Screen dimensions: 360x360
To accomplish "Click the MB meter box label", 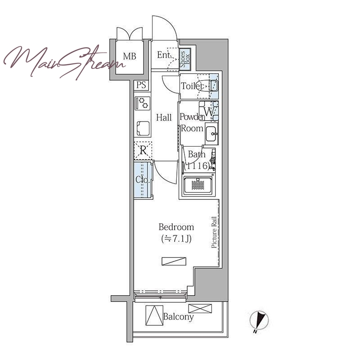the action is pos(130,56).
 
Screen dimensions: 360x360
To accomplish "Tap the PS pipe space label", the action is pos(141,85).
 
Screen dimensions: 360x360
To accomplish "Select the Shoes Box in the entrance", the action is pos(185,59).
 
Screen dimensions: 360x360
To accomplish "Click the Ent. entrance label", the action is pos(164,55).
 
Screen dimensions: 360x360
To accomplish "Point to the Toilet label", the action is pos(192,86).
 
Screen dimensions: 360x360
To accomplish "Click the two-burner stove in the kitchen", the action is pos(143,103).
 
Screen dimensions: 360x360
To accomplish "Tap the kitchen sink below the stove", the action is pos(143,128).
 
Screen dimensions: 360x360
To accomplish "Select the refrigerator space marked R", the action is pos(143,151).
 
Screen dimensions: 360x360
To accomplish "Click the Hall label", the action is pos(164,117).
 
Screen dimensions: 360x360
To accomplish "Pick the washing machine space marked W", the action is pos(209,111).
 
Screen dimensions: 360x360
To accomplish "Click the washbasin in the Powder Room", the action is pos(211,134).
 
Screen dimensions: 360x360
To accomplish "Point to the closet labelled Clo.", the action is pos(143,180).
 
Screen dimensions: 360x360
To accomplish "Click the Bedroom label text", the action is pos(176,227).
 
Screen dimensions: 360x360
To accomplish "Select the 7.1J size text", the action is pos(176,239).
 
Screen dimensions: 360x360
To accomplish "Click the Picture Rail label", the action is pos(214,232).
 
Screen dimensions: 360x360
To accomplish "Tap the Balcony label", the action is pos(178,317).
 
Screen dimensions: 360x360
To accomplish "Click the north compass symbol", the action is pos(259,321).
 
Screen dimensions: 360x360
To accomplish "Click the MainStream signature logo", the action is pos(64,62).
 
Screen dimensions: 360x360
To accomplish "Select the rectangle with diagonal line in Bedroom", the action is pos(174,261).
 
